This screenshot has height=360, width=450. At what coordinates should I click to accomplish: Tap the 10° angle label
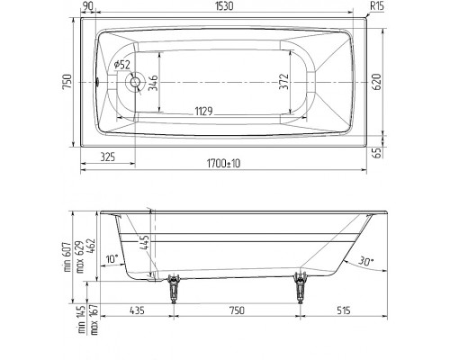(110, 259)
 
